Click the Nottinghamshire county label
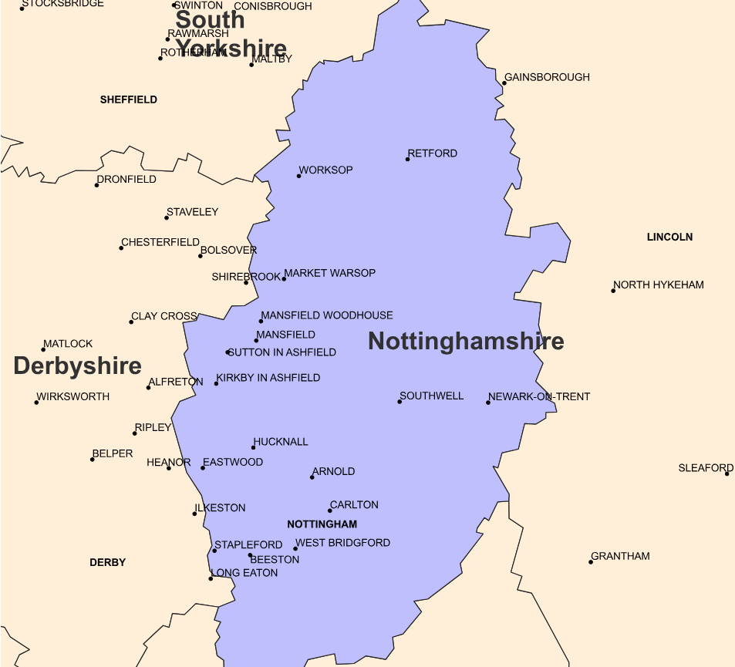click(x=466, y=341)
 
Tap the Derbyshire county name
click(x=77, y=366)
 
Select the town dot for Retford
click(x=407, y=159)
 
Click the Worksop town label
click(x=325, y=170)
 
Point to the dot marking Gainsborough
click(x=504, y=83)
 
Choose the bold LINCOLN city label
click(x=669, y=237)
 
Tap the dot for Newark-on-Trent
click(x=488, y=403)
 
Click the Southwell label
click(x=432, y=396)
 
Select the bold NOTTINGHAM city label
click(x=322, y=524)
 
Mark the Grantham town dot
click(x=591, y=562)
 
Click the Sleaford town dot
click(x=727, y=473)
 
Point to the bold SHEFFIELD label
click(x=129, y=99)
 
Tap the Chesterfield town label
click(x=160, y=242)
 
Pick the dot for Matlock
click(x=43, y=349)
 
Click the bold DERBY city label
click(x=107, y=563)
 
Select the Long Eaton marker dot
click(x=211, y=578)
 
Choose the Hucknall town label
click(x=281, y=442)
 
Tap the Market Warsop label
click(x=329, y=273)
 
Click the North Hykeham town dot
click(x=614, y=291)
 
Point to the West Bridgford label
click(x=343, y=543)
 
